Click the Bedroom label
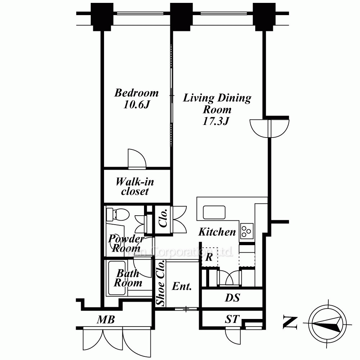136,93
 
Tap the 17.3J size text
216,121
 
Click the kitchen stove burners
247,230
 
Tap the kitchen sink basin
214,212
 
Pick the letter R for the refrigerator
208,257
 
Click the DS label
232,298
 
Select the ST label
232,319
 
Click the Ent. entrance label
182,287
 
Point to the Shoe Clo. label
161,283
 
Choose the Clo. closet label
163,218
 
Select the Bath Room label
128,278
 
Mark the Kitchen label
217,232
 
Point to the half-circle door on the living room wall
270,129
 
